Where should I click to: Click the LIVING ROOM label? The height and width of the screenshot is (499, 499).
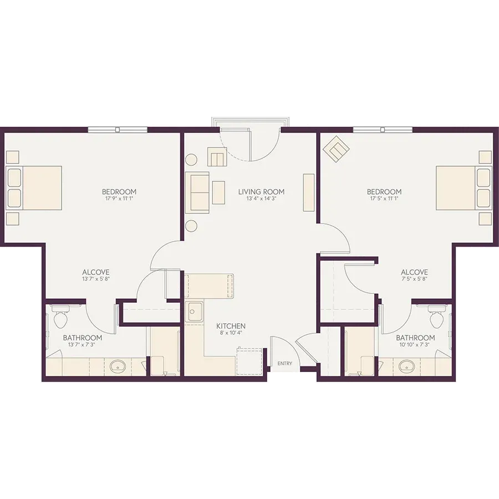click(x=261, y=192)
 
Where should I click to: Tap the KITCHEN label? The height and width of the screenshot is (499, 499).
click(x=231, y=326)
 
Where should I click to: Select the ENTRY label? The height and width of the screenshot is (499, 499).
click(x=284, y=363)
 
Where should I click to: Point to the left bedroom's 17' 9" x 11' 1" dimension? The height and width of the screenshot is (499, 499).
click(x=119, y=198)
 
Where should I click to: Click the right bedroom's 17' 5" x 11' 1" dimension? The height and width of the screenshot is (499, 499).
click(x=384, y=198)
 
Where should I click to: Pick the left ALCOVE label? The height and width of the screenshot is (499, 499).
click(x=96, y=272)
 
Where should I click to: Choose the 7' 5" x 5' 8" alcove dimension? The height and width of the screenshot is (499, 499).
click(x=414, y=279)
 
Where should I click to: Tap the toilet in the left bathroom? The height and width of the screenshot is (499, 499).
click(x=60, y=316)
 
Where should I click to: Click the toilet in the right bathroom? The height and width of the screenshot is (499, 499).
click(x=437, y=316)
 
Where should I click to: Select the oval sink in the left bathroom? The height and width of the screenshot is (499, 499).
click(x=118, y=366)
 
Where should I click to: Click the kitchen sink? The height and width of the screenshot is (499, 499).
click(x=194, y=312)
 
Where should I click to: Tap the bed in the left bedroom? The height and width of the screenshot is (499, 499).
click(x=34, y=188)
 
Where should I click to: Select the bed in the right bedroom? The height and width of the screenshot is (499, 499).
click(x=464, y=188)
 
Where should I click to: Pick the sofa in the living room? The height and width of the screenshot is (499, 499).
click(x=197, y=192)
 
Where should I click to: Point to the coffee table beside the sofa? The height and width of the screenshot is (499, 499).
click(x=218, y=192)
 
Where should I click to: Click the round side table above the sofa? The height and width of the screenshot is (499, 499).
click(x=192, y=159)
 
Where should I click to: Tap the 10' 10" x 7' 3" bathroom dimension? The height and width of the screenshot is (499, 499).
click(x=415, y=344)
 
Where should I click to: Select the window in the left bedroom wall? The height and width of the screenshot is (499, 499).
click(x=118, y=130)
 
